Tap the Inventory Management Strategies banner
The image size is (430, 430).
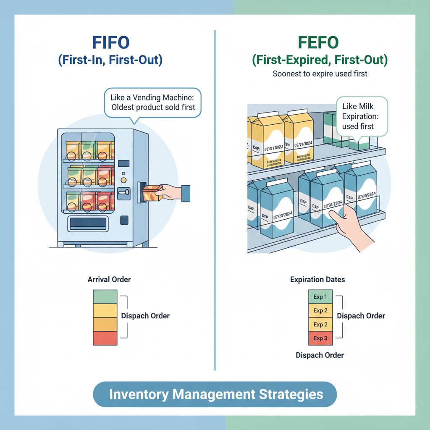tap(215, 394)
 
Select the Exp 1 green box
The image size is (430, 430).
tap(320, 297)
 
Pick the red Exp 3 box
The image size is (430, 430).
tap(320, 338)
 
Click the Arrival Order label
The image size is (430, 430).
tap(109, 279)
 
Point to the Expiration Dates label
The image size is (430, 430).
tap(318, 279)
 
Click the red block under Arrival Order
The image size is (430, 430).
tap(105, 338)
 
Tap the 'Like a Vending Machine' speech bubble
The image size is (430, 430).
tap(153, 102)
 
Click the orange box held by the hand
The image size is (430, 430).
tap(152, 193)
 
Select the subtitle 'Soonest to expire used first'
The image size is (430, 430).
tap(320, 74)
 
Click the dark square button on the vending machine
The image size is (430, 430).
tap(124, 220)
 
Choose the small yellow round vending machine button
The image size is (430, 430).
tap(123, 179)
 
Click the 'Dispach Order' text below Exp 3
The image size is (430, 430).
tap(320, 355)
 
